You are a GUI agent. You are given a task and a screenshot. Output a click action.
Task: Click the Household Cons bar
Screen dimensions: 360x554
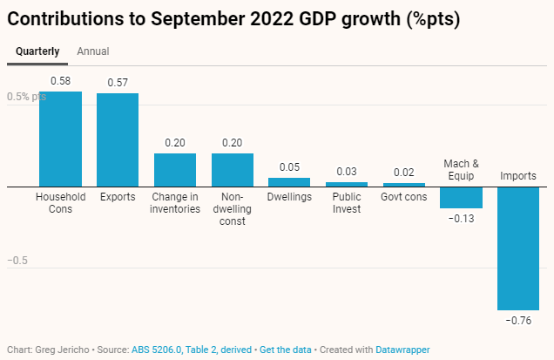(60, 139)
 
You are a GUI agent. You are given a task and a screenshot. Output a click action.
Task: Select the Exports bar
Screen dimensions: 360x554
(118, 139)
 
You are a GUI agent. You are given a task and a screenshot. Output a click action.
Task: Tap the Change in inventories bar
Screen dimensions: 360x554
(175, 169)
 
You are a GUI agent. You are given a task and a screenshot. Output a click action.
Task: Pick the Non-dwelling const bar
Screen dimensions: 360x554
(233, 169)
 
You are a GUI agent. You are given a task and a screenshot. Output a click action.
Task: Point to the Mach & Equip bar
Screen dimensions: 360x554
(461, 197)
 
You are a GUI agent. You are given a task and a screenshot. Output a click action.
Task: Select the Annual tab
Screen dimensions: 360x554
(93, 51)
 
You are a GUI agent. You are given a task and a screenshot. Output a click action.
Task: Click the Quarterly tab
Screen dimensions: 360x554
(37, 51)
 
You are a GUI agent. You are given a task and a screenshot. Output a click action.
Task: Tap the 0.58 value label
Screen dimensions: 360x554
(60, 81)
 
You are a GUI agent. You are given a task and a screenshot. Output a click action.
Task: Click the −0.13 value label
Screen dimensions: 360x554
(461, 218)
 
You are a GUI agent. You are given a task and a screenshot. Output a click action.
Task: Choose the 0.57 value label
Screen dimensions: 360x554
(118, 83)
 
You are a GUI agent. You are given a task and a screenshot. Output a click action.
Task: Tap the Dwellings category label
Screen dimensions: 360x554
(290, 197)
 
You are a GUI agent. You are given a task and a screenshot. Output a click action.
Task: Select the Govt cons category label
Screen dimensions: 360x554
(404, 197)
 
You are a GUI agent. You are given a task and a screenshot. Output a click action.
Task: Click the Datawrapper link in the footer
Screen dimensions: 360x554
(402, 350)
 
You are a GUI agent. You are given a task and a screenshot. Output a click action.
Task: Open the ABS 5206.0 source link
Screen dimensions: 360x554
(155, 350)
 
